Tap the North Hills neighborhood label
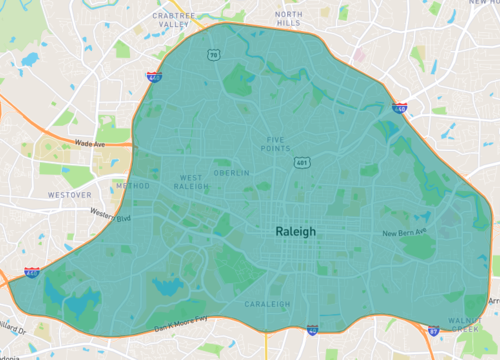click(289, 17)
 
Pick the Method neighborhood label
click(133, 185)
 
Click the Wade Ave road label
click(89, 144)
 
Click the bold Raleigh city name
click(295, 231)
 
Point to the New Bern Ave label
click(405, 233)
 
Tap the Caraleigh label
click(267, 303)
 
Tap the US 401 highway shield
click(301, 162)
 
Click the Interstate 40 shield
click(312, 328)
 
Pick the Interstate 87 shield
click(432, 328)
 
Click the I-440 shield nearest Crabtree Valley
click(153, 76)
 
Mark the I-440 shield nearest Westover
click(33, 271)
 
